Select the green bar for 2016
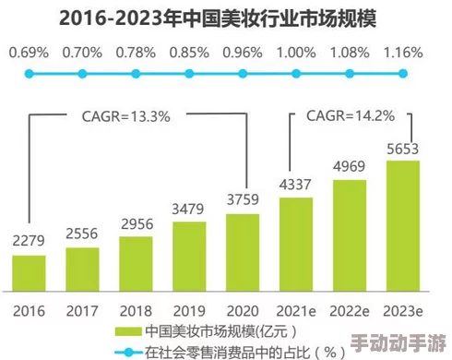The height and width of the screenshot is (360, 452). tap(29, 271)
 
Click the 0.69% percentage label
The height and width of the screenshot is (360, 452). tap(29, 51)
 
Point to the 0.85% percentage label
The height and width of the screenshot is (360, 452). tap(188, 51)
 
